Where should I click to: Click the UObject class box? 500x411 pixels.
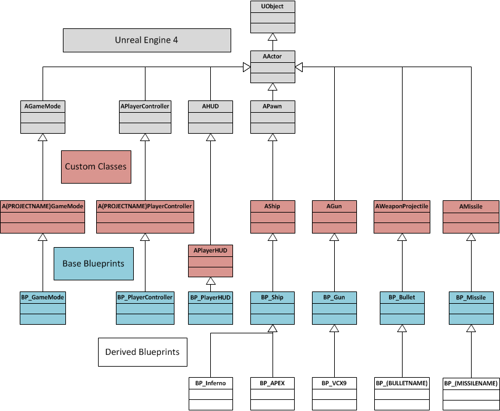pyautogui.click(x=273, y=17)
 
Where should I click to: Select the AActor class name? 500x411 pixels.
pyautogui.click(x=273, y=57)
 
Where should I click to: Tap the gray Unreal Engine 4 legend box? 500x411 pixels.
pyautogui.click(x=147, y=41)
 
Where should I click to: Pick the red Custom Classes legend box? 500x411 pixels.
pyautogui.click(x=96, y=166)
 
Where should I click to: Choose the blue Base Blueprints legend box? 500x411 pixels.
pyautogui.click(x=93, y=263)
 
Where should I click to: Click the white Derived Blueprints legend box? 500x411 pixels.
pyautogui.click(x=142, y=352)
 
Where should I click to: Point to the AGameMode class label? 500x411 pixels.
pyautogui.click(x=43, y=107)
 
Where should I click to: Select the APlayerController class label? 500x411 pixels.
pyautogui.click(x=145, y=107)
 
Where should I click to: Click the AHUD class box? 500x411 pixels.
pyautogui.click(x=210, y=116)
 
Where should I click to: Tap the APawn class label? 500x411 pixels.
pyautogui.click(x=272, y=107)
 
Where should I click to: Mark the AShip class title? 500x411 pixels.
pyautogui.click(x=272, y=206)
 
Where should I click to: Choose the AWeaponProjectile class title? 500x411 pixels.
pyautogui.click(x=401, y=206)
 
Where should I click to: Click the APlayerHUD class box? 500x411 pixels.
pyautogui.click(x=210, y=260)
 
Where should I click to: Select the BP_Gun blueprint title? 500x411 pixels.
pyautogui.click(x=334, y=298)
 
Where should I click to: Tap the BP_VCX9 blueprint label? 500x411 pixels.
pyautogui.click(x=334, y=383)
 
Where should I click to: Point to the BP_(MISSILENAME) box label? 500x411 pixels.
pyautogui.click(x=470, y=383)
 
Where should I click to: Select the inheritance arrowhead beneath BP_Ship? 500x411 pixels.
pyautogui.click(x=272, y=329)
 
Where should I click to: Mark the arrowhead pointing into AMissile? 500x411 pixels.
pyautogui.click(x=470, y=238)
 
